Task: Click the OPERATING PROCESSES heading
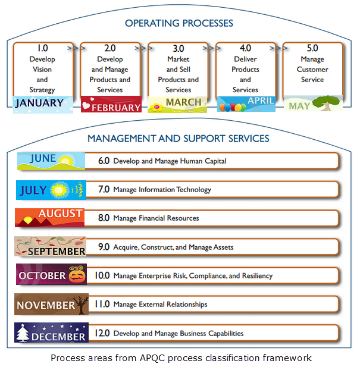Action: [x=179, y=24]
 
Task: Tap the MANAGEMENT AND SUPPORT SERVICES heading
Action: [x=179, y=139]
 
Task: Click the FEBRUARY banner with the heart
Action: [x=111, y=105]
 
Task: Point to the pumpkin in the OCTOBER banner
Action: [x=76, y=275]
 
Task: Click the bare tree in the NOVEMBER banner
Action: [x=82, y=304]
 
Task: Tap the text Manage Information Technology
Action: [x=162, y=190]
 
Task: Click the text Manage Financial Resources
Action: [x=156, y=218]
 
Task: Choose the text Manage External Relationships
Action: [x=160, y=305]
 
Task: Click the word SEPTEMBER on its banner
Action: [x=58, y=251]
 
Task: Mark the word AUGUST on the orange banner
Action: [x=61, y=214]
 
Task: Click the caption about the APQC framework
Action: [x=181, y=358]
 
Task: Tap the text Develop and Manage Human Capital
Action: [x=170, y=161]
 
